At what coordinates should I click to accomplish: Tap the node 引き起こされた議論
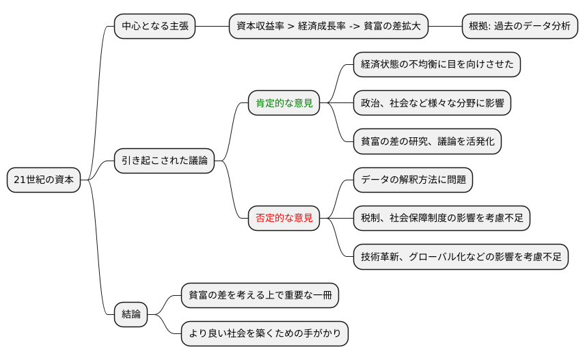tap(164, 161)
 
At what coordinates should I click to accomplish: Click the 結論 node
tap(131, 314)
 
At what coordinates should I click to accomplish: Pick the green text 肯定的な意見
tap(284, 103)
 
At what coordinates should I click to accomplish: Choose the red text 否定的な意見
tap(284, 219)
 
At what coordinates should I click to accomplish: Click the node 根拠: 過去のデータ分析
tap(519, 26)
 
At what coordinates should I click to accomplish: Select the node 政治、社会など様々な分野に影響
tap(432, 103)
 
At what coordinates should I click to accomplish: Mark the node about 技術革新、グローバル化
tap(461, 257)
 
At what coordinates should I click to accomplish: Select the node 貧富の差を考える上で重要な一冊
tap(260, 295)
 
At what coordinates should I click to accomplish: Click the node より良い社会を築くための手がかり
tap(264, 333)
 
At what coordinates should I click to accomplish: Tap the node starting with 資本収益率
tap(328, 26)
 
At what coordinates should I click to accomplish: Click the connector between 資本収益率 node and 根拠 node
tap(445, 26)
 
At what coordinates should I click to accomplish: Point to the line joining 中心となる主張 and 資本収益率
tap(212, 26)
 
